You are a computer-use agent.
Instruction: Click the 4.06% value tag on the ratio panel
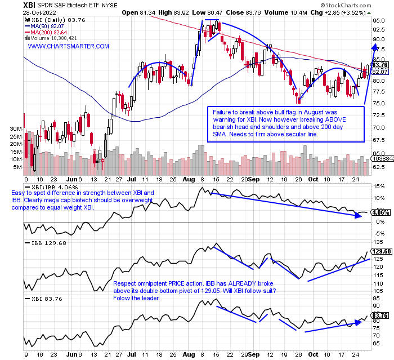(380, 213)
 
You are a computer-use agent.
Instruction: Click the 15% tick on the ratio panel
(379, 186)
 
